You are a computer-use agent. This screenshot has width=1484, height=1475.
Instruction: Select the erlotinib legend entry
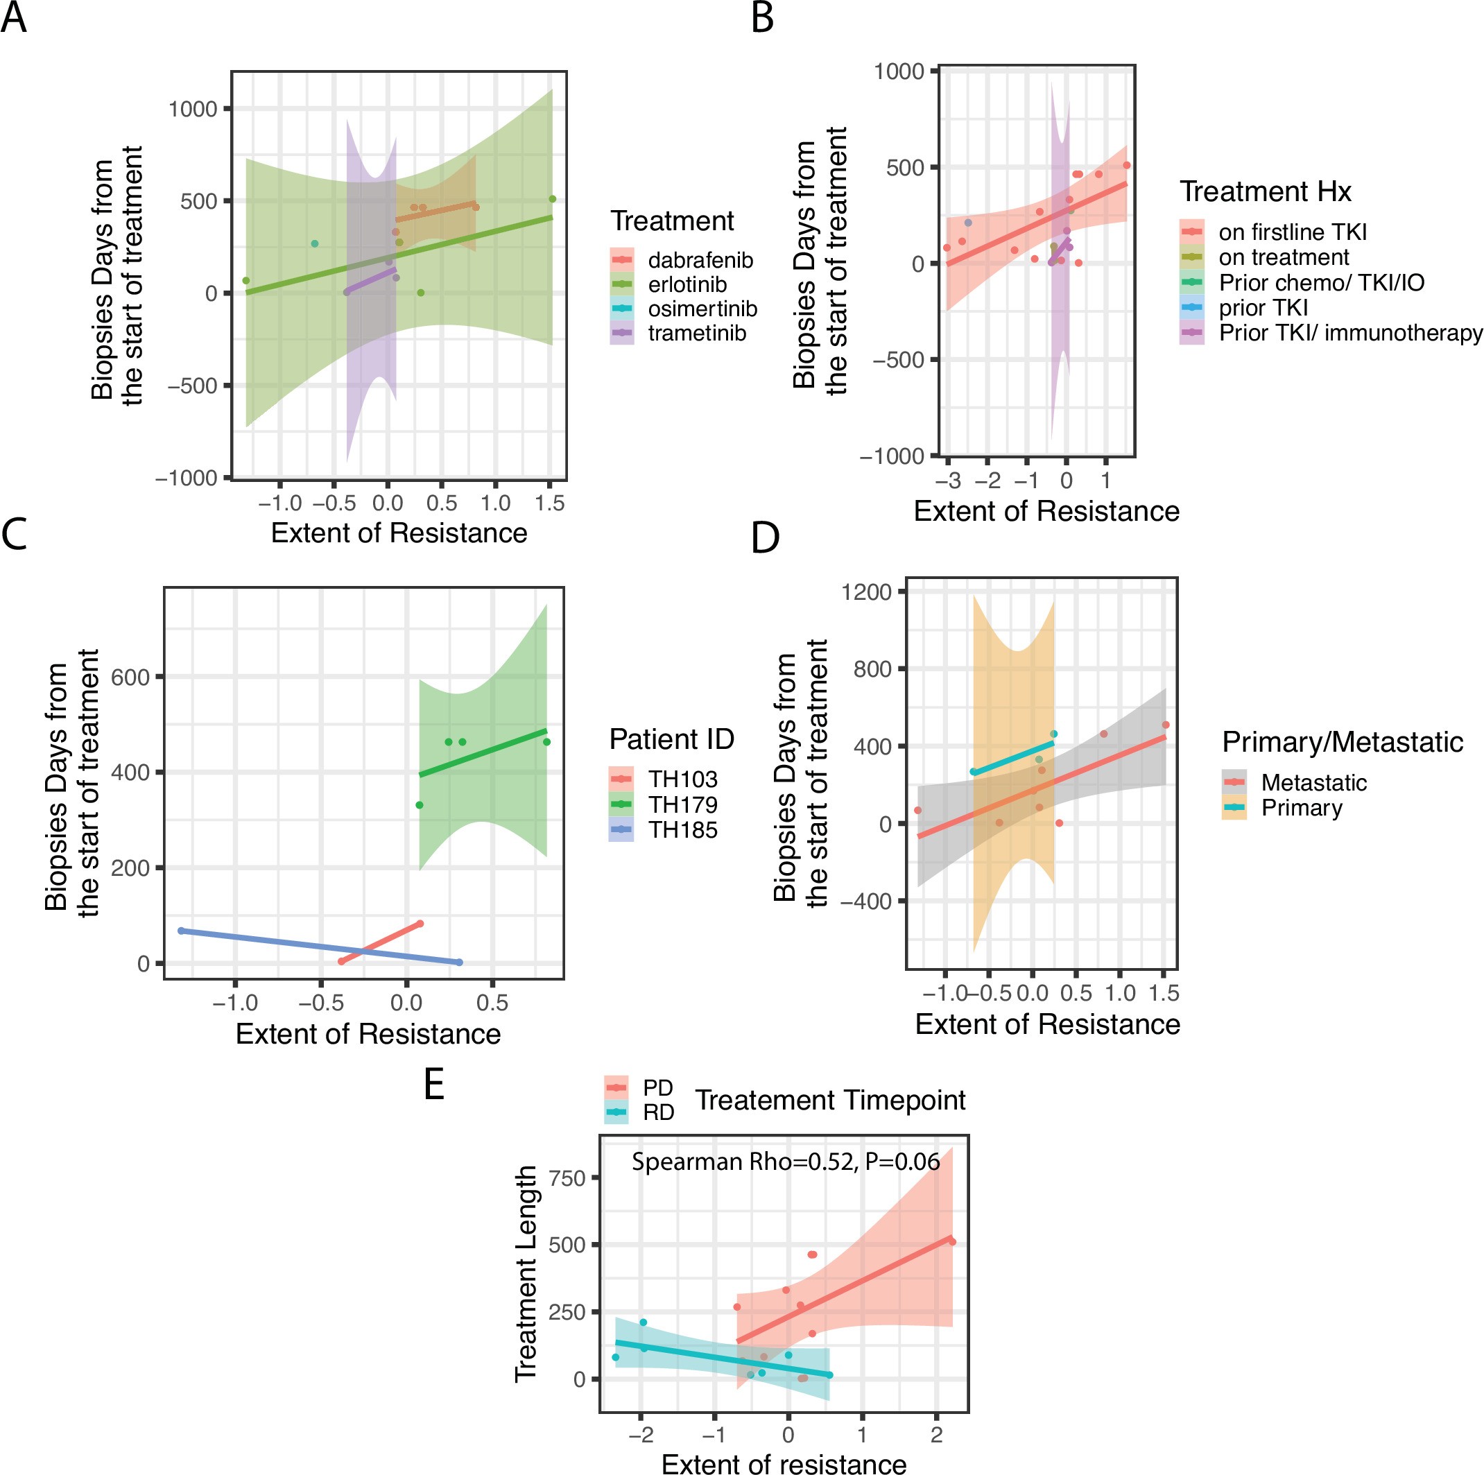click(686, 285)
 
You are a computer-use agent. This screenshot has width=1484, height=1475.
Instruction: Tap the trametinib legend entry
click(696, 334)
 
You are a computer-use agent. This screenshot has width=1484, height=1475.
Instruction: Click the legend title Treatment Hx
click(1265, 191)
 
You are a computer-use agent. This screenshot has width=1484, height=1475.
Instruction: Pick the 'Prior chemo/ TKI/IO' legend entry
click(1320, 283)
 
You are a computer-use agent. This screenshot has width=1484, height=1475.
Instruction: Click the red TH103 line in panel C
click(384, 941)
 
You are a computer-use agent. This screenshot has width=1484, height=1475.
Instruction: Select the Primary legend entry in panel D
click(1301, 808)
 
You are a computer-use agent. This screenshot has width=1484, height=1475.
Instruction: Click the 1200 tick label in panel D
click(865, 592)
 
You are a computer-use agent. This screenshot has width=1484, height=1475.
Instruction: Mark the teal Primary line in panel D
click(1014, 757)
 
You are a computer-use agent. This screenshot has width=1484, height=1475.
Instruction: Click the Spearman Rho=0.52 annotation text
click(785, 1162)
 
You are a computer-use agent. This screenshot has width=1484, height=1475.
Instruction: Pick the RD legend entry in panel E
click(657, 1112)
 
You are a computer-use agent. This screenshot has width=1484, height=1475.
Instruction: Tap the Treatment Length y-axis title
click(526, 1275)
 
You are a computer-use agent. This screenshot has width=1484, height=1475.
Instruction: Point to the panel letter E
click(434, 1085)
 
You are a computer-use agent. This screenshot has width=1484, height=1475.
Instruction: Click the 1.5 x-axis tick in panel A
click(549, 504)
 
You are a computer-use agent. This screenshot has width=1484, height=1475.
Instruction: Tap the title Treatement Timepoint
click(829, 1101)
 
